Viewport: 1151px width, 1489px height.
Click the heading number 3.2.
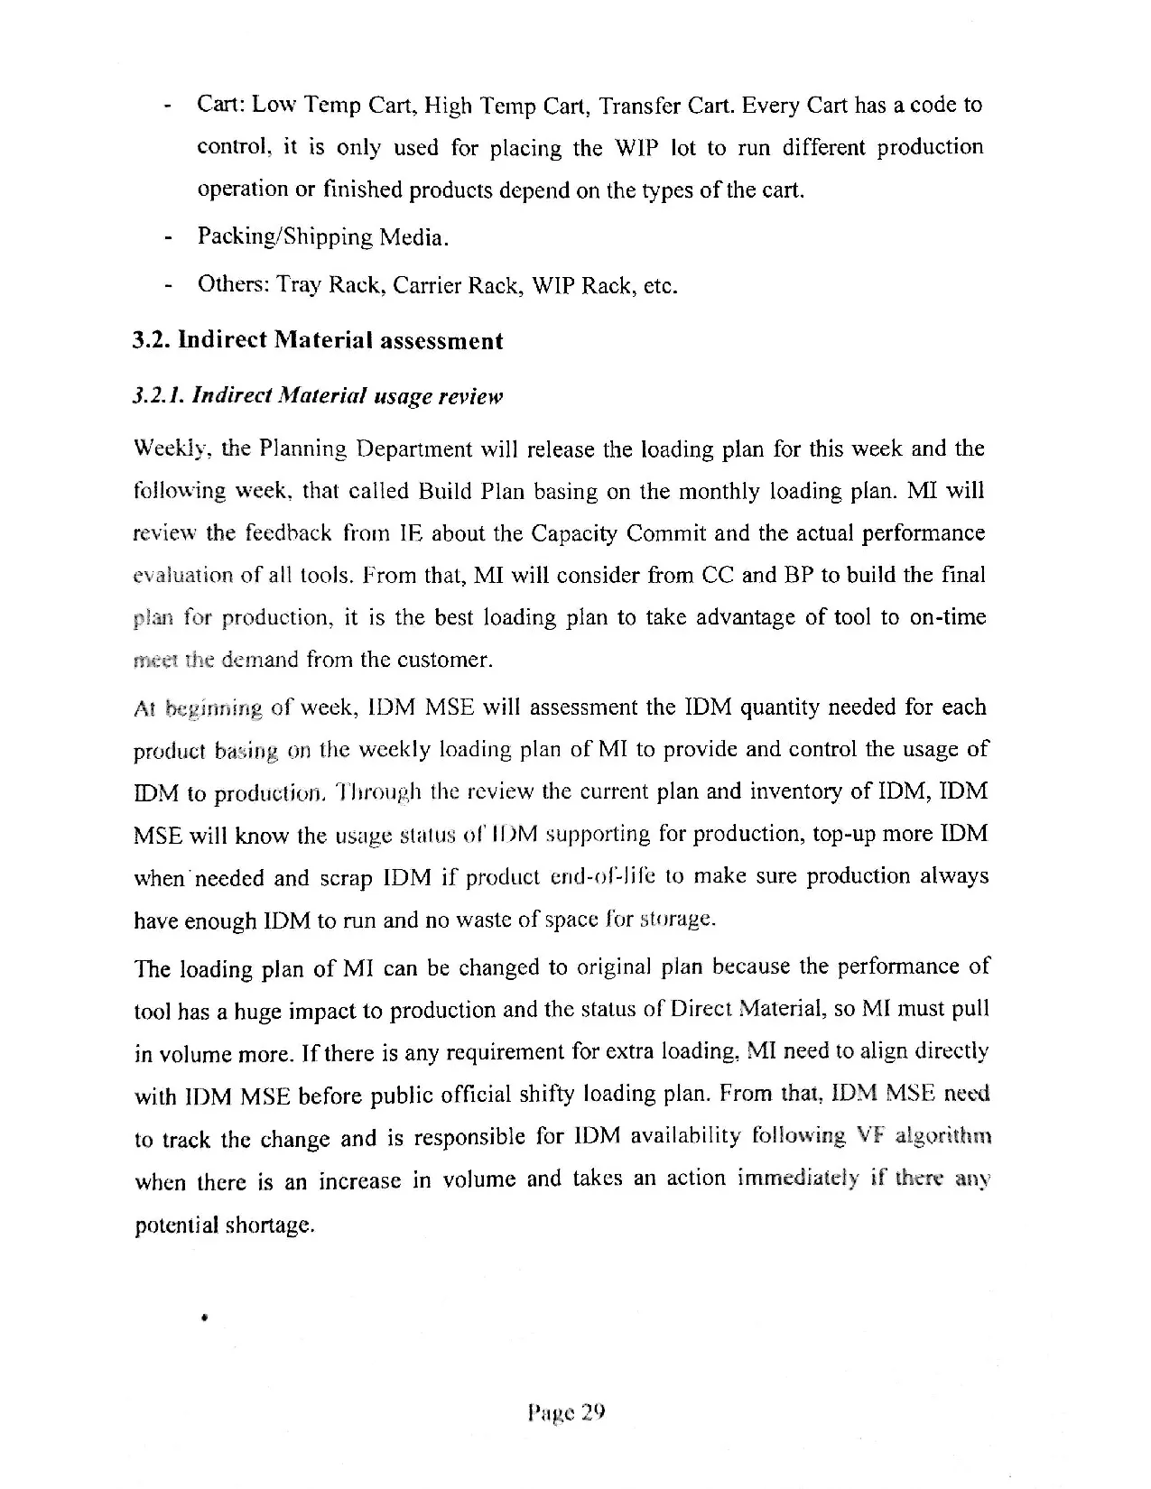click(x=150, y=341)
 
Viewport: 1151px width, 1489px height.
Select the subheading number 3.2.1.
click(x=158, y=396)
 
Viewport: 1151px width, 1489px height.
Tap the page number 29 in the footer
click(x=592, y=1411)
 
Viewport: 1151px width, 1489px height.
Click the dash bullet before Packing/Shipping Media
click(x=168, y=239)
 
